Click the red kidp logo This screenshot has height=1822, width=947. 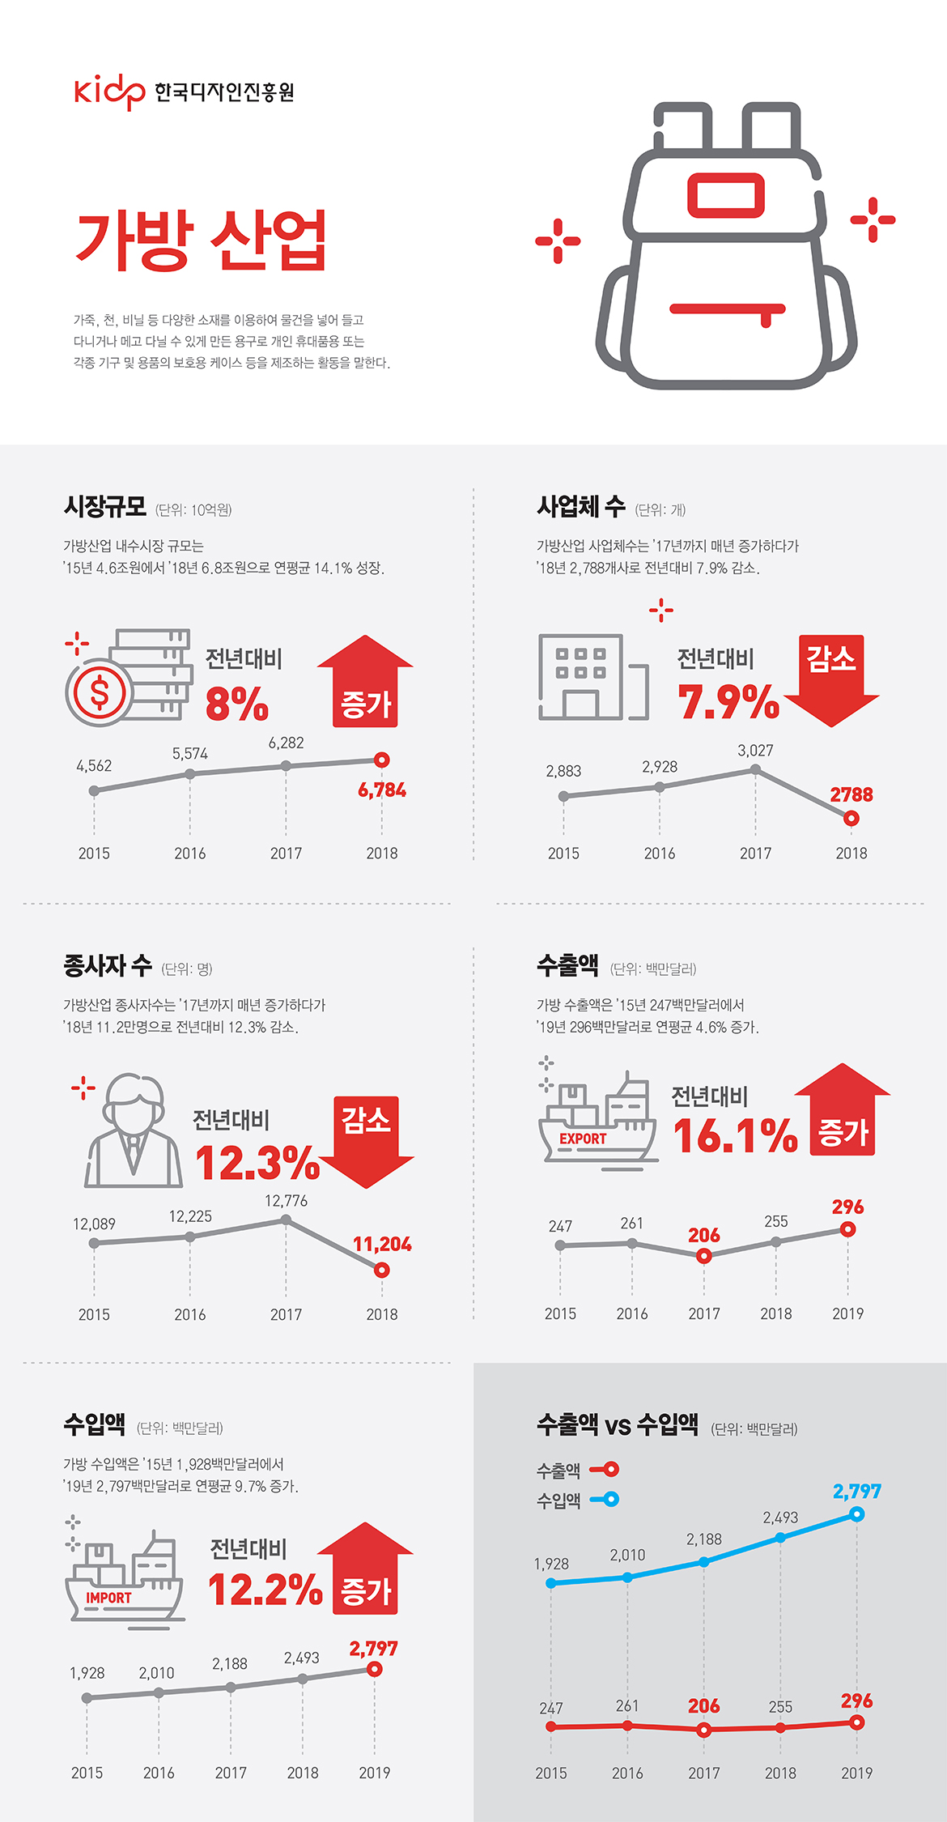tap(110, 92)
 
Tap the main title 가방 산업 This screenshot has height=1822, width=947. tap(201, 241)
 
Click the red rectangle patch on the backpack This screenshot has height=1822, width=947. tap(725, 195)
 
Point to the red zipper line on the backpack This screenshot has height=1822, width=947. tap(728, 309)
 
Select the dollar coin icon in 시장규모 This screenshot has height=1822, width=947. tap(100, 692)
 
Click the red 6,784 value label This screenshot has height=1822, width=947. tap(382, 790)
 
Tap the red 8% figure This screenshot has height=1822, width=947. tap(236, 703)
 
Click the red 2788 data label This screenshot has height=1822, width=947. tap(851, 794)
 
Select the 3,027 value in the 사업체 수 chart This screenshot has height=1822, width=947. tap(755, 751)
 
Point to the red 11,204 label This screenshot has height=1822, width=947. tap(382, 1244)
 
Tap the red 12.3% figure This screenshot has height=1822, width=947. tap(257, 1163)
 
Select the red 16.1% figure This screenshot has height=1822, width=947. tap(735, 1135)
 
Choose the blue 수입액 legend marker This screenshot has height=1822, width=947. tap(606, 1499)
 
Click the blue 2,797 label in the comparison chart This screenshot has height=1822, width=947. tap(856, 1491)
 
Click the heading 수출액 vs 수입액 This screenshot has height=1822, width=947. tap(617, 1424)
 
